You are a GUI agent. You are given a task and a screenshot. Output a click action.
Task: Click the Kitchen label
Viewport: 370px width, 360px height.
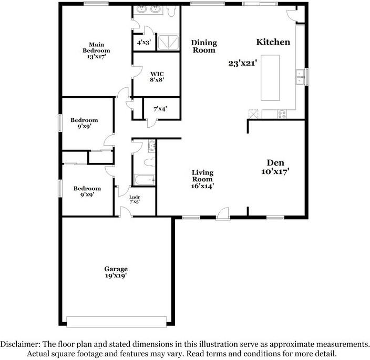pyautogui.click(x=273, y=42)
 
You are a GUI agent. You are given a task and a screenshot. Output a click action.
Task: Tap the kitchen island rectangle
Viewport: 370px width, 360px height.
pyautogui.click(x=272, y=77)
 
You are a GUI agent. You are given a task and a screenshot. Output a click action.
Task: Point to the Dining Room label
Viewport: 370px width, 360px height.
pyautogui.click(x=203, y=46)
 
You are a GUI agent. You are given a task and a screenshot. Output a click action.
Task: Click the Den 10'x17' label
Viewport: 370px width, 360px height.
pyautogui.click(x=275, y=167)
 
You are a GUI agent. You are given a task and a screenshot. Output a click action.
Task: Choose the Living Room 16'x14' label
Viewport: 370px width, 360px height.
pyautogui.click(x=202, y=179)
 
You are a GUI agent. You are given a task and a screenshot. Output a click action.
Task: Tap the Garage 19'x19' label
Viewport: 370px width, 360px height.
pyautogui.click(x=115, y=272)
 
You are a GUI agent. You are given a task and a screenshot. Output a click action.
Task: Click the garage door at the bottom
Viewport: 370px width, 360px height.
pyautogui.click(x=117, y=321)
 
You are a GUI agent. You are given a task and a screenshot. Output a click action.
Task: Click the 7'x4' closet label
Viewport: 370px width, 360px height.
pyautogui.click(x=160, y=109)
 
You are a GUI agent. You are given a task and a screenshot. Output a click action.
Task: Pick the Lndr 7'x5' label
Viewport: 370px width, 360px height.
pyautogui.click(x=135, y=199)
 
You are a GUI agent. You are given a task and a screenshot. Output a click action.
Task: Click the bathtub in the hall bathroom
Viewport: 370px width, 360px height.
pyautogui.click(x=143, y=180)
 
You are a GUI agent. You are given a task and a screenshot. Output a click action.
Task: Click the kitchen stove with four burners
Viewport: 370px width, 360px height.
pyautogui.click(x=282, y=114)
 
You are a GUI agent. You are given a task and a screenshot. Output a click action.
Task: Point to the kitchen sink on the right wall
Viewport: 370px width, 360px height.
pyautogui.click(x=300, y=77)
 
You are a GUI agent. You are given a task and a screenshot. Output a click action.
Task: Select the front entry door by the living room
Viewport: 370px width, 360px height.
pyautogui.click(x=223, y=214)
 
